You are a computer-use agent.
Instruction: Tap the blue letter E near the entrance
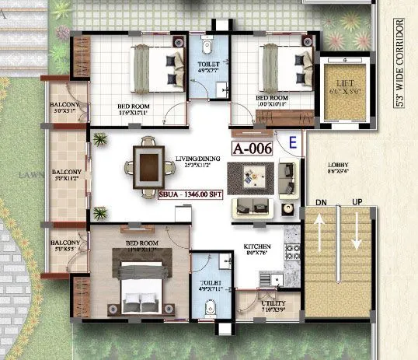coord(292,142)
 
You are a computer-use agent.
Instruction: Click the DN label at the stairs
coord(319,203)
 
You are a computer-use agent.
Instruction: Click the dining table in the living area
coord(147,166)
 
